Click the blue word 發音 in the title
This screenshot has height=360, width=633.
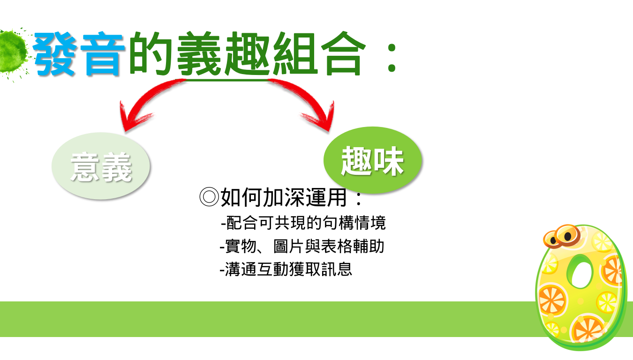pos(79,54)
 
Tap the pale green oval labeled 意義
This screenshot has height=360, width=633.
pos(101,166)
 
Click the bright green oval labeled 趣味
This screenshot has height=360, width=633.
pos(372,160)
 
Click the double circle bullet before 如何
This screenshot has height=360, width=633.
pos(209,197)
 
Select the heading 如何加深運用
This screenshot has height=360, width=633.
pos(283,197)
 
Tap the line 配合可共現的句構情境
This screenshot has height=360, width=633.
pos(303,223)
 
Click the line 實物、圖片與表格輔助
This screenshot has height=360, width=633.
pos(302,246)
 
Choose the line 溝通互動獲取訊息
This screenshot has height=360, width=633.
pos(286,269)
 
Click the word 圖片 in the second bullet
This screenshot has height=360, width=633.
pos(289,246)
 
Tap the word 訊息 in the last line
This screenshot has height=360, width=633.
pos(337,269)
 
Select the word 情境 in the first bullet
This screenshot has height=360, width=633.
pos(370,223)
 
